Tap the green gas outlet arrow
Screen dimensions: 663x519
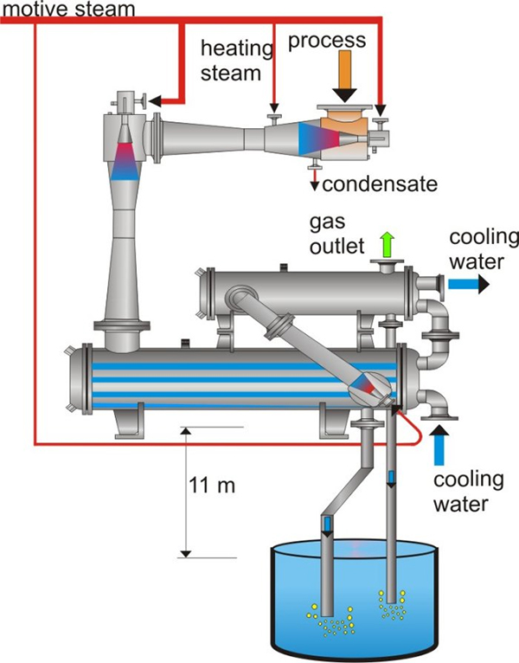[386, 243]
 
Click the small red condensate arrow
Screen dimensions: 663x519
[316, 181]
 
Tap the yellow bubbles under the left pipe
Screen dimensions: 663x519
[332, 618]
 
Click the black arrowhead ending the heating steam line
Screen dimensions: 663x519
[273, 109]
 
